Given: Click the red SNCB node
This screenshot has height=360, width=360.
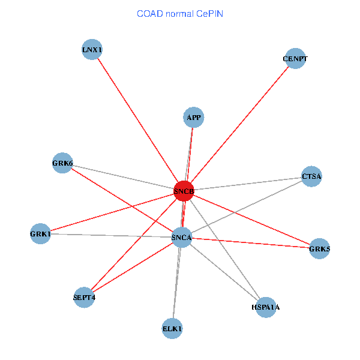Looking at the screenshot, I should [x=184, y=191].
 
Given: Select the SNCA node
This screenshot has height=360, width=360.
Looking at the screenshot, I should [x=182, y=238].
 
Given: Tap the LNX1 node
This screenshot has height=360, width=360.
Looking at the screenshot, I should [x=92, y=49].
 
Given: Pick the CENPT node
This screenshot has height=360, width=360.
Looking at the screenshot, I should [x=295, y=58].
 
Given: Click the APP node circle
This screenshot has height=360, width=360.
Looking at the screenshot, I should [x=193, y=117].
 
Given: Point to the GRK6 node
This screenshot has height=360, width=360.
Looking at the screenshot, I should [x=62, y=163].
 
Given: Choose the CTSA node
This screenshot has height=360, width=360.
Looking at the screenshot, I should [x=311, y=176].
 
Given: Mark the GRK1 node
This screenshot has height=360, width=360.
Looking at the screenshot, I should [x=41, y=233].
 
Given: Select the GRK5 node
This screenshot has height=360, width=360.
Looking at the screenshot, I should [x=319, y=248].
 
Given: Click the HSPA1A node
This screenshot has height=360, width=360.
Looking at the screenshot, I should [x=265, y=307].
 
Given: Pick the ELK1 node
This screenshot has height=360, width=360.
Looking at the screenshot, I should [x=172, y=328].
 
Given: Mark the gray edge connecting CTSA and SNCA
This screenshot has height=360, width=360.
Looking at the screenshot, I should [x=247, y=206].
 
